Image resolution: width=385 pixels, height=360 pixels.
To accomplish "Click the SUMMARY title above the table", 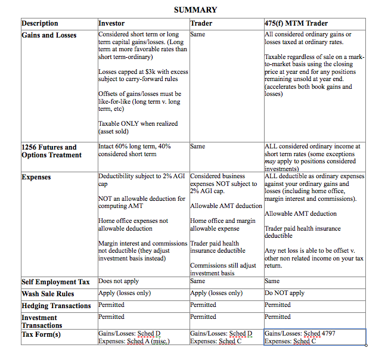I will pos(195,10).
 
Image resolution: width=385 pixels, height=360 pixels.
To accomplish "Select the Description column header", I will pos(40,23).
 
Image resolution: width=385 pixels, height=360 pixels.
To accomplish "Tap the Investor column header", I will pos(112,23).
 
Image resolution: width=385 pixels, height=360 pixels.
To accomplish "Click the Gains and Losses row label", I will pos(49,35).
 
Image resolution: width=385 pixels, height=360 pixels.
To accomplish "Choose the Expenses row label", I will pos(36,177).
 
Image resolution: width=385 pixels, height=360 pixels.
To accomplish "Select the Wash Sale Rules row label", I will pos(48,294).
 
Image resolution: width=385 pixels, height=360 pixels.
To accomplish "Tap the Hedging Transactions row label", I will pos(55,305).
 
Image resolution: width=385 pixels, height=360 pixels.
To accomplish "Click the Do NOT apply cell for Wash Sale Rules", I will pos(284,293).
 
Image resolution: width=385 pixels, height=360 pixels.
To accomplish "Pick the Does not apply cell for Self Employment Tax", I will pos(119,281).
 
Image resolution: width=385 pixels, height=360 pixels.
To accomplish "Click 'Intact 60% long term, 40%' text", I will pos(135,146).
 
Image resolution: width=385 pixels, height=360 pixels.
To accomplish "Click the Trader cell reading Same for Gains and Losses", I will pos(198,35).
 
